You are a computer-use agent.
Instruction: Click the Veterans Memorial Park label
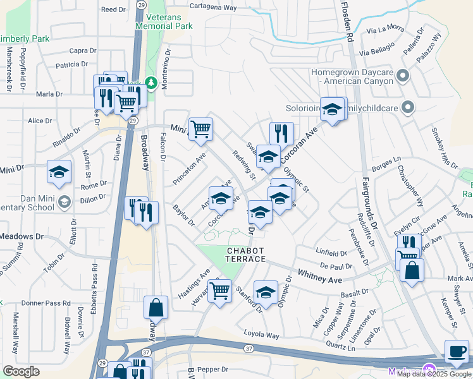pyautogui.click(x=169, y=22)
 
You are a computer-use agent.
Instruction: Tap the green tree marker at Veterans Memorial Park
pyautogui.click(x=152, y=83)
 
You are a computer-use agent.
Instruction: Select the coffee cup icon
pyautogui.click(x=457, y=351)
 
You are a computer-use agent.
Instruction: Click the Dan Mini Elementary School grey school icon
pyautogui.click(x=64, y=202)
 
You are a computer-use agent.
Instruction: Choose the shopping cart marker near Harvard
pyautogui.click(x=219, y=291)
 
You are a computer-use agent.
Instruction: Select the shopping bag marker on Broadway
pyautogui.click(x=156, y=308)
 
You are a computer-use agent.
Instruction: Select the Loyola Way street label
pyautogui.click(x=263, y=335)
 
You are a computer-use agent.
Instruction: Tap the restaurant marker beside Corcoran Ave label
pyautogui.click(x=281, y=133)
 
